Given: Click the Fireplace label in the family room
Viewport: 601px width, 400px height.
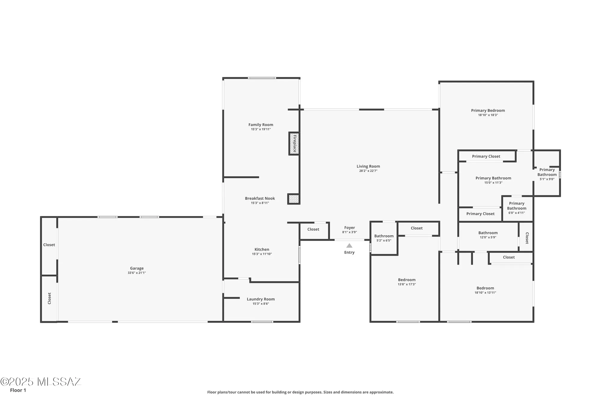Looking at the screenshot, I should click(294, 143).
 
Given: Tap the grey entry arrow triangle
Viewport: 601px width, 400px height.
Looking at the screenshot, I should click(349, 245).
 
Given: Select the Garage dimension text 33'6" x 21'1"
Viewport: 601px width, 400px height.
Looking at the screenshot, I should click(137, 273).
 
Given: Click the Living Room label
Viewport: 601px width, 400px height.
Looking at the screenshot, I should click(368, 166).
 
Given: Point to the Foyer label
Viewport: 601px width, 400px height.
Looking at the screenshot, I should click(349, 228).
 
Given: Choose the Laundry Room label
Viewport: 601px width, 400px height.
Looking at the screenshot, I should click(261, 299).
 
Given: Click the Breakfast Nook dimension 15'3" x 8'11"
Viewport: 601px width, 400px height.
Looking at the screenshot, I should click(260, 203).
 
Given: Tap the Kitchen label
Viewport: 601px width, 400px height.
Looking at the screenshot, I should click(262, 249).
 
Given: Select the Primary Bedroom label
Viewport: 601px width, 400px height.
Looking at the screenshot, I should click(488, 110).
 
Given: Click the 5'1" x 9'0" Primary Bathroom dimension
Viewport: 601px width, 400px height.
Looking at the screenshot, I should click(547, 179).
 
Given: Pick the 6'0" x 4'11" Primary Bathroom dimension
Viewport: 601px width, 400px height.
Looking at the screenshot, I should click(517, 213).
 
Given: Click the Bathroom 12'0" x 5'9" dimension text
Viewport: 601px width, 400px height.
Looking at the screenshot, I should click(488, 237).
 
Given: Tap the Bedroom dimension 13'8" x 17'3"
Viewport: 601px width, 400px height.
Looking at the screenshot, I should click(407, 284).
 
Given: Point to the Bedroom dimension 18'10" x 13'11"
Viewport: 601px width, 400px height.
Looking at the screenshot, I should click(485, 293).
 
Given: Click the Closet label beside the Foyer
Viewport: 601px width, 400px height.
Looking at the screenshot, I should click(313, 229).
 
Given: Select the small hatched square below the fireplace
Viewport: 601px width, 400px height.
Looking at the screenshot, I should click(294, 199).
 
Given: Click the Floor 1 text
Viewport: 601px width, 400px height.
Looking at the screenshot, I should click(18, 390).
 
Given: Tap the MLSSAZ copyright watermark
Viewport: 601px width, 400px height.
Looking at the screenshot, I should click(41, 382).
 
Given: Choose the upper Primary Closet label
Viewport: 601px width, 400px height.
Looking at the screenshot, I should click(486, 156).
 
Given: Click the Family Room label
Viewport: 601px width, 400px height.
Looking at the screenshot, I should click(261, 125).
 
